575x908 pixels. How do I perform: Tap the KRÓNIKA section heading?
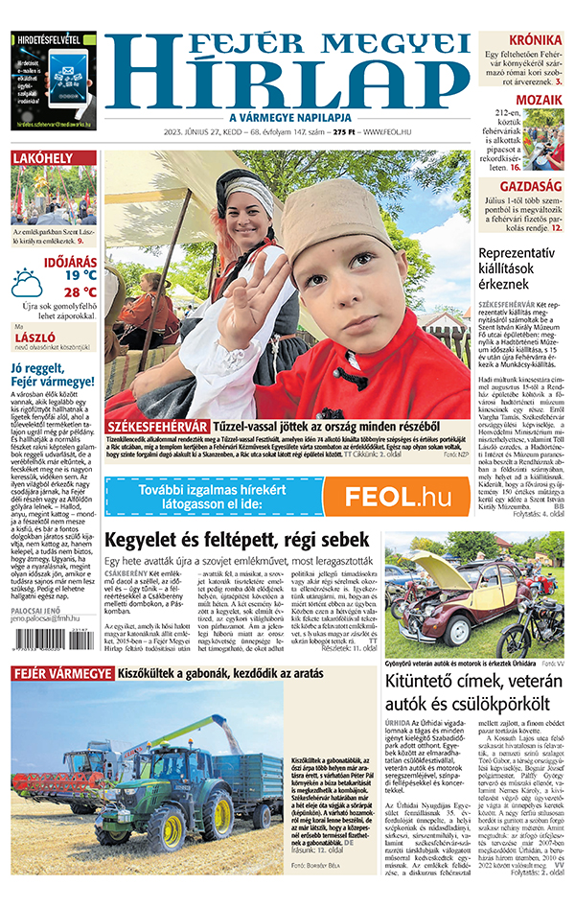coord(535,39)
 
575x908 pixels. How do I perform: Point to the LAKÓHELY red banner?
coord(54,158)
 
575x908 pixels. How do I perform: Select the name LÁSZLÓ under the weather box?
coord(34,338)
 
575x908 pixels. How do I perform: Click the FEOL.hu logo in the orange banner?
coord(398,496)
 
